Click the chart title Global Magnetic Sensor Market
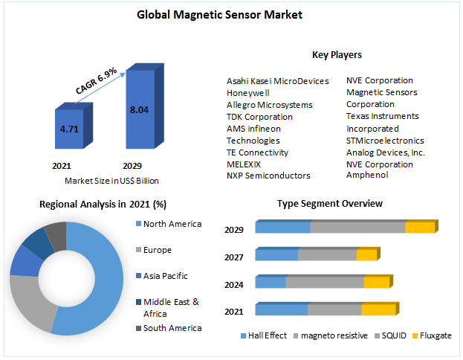coord(230,15)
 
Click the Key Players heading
coord(337,54)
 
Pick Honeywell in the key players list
coord(247,93)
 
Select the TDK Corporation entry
coord(259,117)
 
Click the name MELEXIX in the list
coord(244,164)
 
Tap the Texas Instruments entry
coord(382,116)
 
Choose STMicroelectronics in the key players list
coord(385,140)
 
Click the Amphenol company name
coord(367,175)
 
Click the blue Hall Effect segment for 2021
coord(281,309)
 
